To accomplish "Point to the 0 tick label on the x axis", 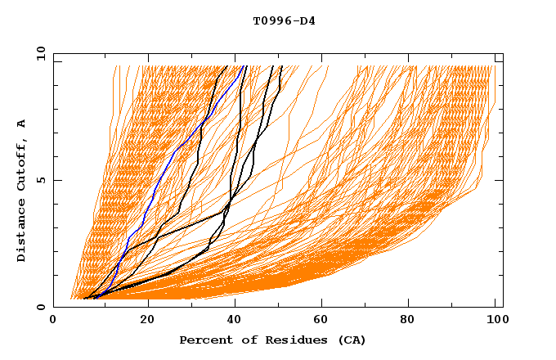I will tap(54, 321).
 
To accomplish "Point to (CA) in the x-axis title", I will tap(350, 340).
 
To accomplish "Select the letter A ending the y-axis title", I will tap(22, 123).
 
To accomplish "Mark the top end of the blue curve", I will tap(245, 66).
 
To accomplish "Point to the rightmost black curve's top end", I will tap(281, 66).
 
